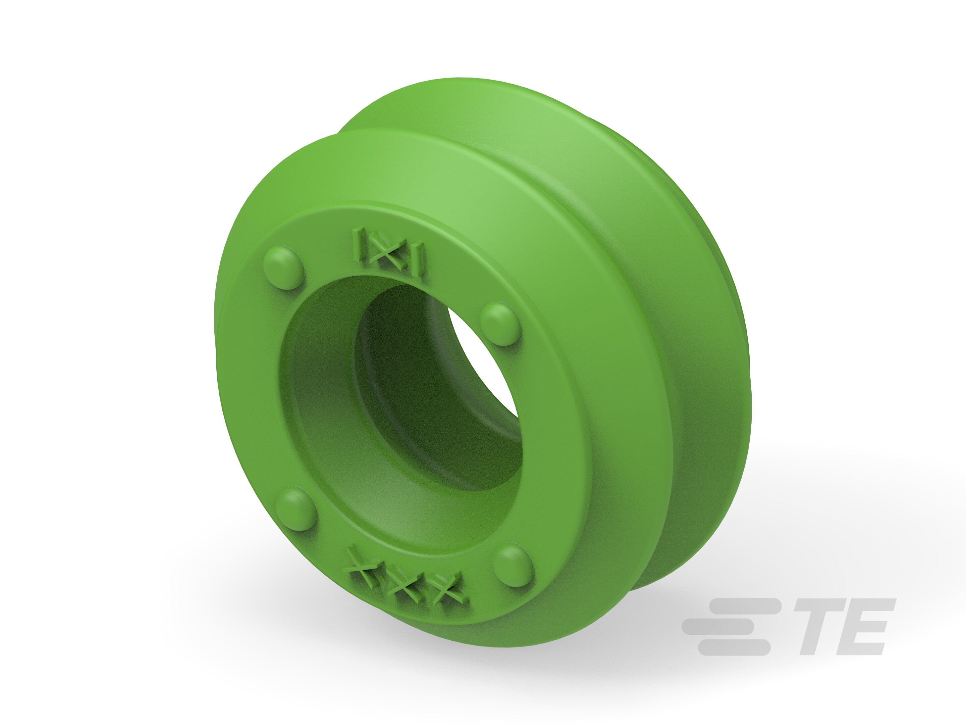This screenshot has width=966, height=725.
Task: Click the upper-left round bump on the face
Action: click(283, 266)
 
